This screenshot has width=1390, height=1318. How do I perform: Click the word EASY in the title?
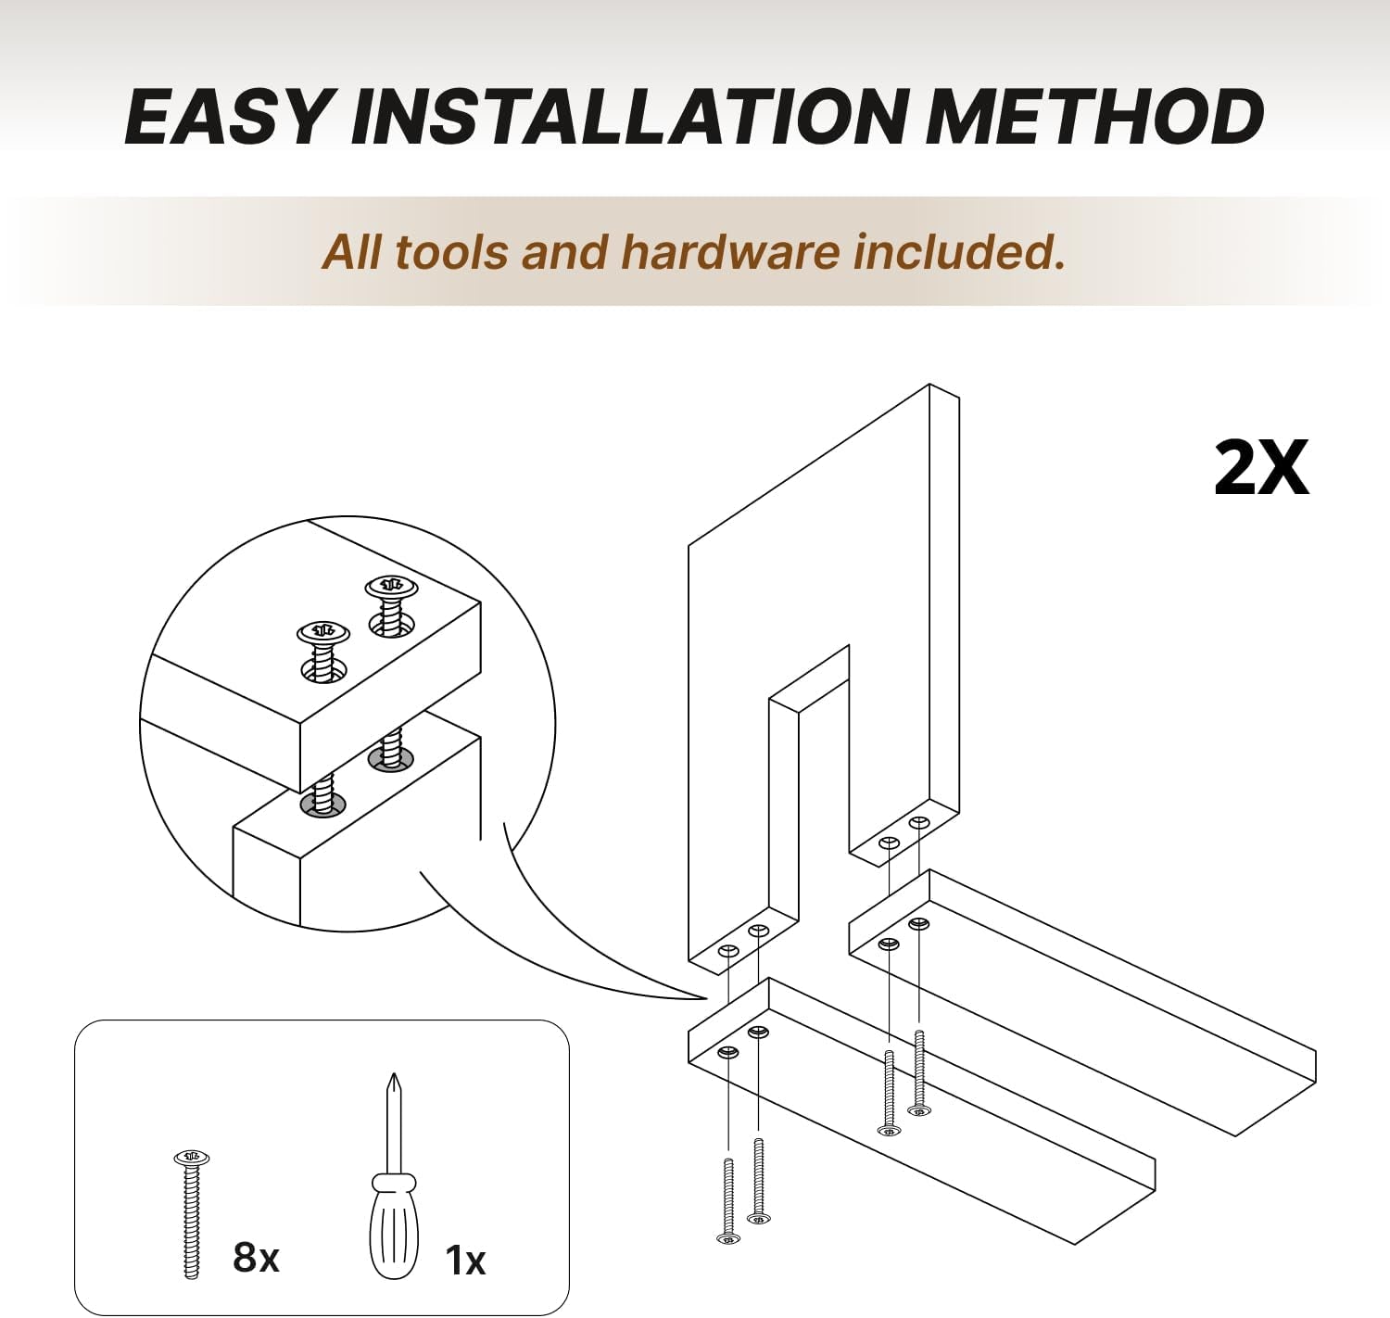click(228, 118)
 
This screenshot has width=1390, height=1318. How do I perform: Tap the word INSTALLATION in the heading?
click(636, 118)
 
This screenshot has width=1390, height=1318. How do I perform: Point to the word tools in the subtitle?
click(449, 252)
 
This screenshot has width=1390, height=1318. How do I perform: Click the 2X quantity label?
click(1260, 469)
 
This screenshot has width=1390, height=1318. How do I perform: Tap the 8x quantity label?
click(256, 1257)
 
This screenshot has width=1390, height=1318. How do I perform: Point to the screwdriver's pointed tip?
click(393, 1074)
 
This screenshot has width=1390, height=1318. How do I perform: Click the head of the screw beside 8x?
click(192, 1158)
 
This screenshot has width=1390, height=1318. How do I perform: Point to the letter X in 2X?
click(1283, 469)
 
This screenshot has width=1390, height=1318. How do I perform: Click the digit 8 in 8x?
click(245, 1257)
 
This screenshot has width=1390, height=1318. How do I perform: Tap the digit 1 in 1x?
click(453, 1260)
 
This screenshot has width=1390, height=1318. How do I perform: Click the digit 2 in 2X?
click(1235, 469)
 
